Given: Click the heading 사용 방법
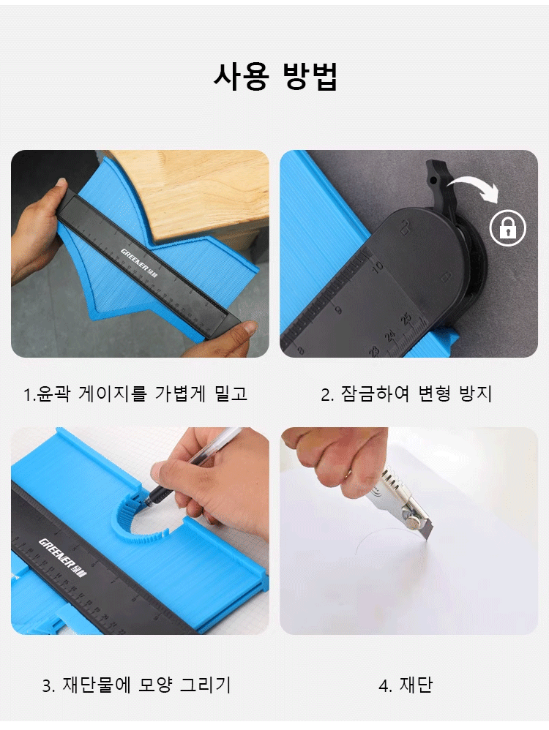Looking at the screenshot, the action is click(275, 76).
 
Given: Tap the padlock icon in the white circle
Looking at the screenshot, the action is click(507, 228).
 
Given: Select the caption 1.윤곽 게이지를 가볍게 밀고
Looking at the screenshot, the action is click(135, 394).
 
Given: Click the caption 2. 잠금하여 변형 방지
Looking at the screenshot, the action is click(406, 394).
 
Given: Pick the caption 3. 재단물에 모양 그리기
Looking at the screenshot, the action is click(137, 685).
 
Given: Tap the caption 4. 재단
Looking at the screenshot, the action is click(406, 685).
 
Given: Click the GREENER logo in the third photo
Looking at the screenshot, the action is click(63, 558).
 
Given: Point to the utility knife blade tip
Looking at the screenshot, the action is click(427, 538).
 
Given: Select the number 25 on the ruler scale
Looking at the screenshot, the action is click(406, 319).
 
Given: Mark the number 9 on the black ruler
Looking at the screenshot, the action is click(338, 309).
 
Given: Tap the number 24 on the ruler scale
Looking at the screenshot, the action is click(390, 335).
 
